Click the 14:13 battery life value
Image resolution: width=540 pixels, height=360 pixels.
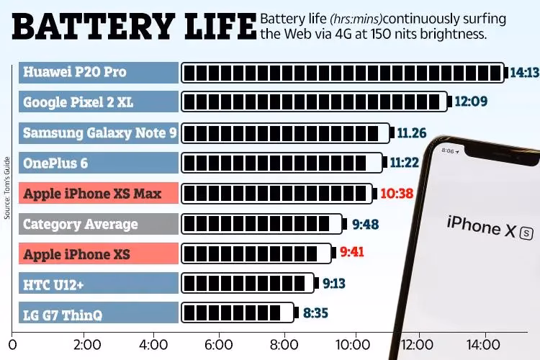(x=523, y=72)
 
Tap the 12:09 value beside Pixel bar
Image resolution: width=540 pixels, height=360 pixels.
(x=472, y=102)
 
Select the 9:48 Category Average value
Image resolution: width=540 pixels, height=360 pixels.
(x=366, y=224)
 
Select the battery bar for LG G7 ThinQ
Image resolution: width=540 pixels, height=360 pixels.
(x=238, y=314)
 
